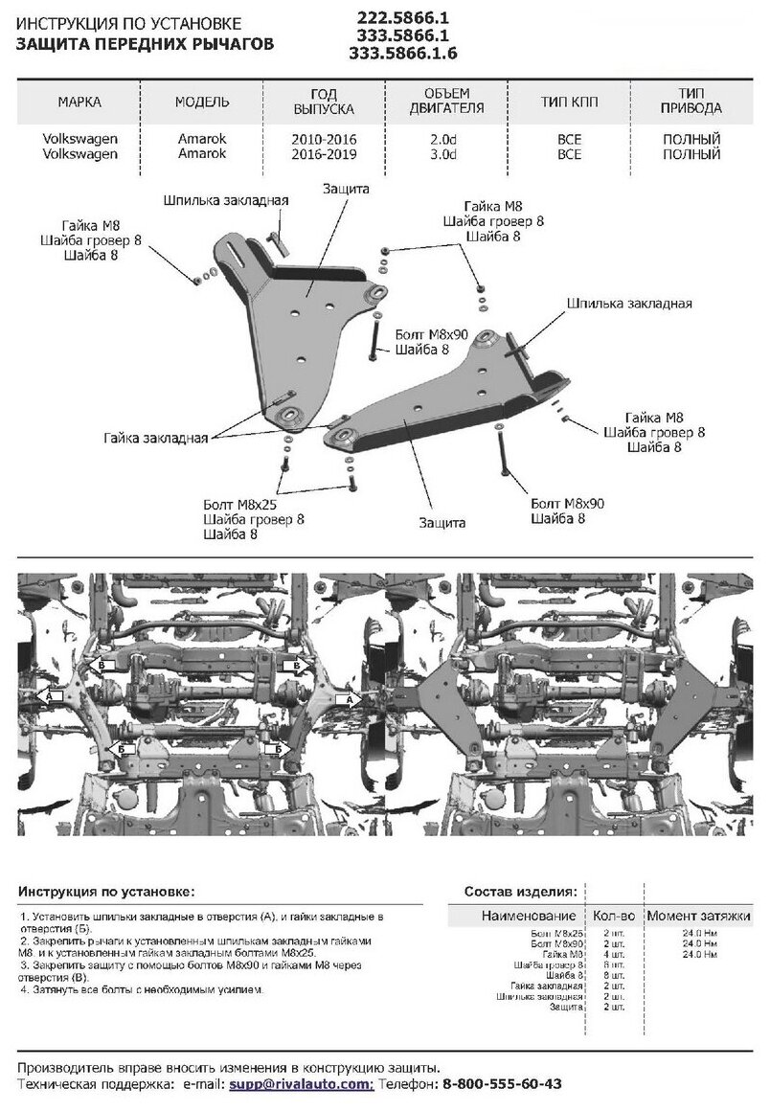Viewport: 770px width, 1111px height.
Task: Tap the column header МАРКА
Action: [79, 102]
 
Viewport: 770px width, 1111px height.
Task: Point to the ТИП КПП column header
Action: [569, 102]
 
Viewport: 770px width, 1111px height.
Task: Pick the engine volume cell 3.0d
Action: [447, 153]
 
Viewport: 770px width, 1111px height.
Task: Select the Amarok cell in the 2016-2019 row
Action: [202, 153]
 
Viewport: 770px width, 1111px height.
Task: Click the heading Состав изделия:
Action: [520, 890]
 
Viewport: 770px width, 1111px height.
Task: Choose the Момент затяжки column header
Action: [697, 917]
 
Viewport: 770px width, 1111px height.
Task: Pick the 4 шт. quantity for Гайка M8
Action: [613, 955]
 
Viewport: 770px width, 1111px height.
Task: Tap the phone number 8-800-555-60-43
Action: [501, 1083]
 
